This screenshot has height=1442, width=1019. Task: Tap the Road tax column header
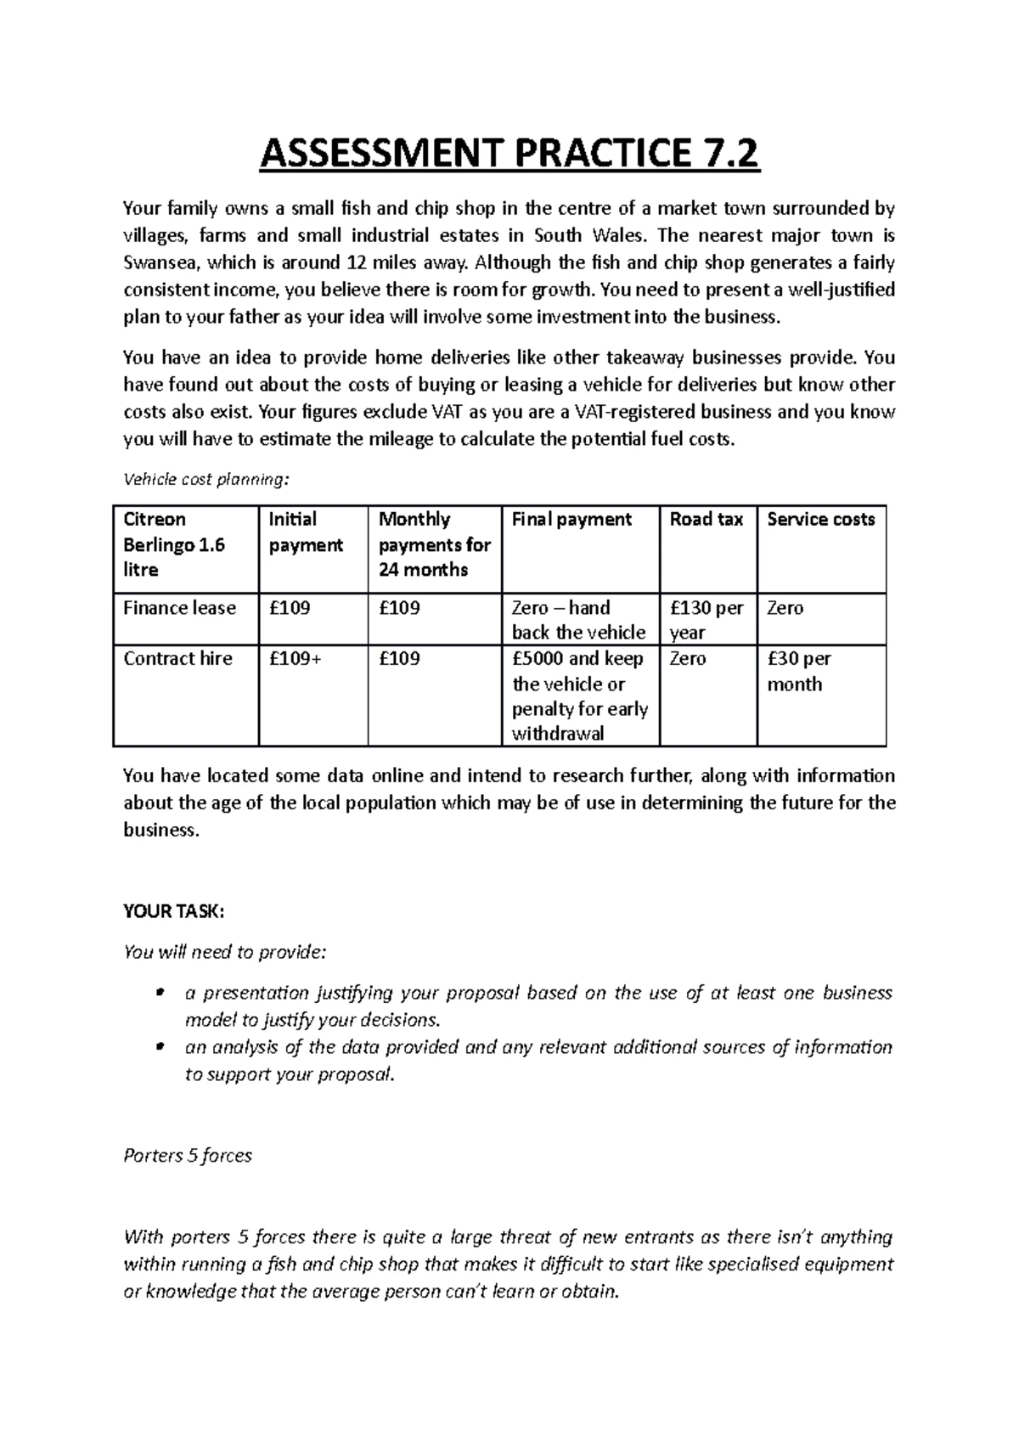706,520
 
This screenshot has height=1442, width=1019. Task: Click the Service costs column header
820,520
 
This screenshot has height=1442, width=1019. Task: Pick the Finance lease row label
179,608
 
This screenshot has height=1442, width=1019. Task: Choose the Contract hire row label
177,659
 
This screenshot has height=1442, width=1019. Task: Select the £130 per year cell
706,620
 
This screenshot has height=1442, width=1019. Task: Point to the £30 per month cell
798,671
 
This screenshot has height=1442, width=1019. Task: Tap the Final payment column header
571,520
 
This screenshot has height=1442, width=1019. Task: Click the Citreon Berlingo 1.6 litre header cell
174,544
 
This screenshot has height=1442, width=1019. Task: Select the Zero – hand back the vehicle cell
577,620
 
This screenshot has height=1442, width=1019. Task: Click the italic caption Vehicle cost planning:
206,480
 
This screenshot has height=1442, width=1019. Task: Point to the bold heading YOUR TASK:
173,911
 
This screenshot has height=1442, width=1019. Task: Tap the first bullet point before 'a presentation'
159,993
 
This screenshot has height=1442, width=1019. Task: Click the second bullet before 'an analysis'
159,1047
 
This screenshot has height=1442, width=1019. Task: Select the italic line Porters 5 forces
188,1156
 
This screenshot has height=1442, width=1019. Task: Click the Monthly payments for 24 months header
433,544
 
